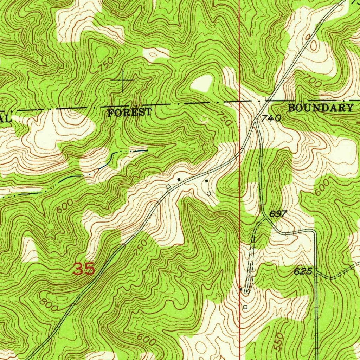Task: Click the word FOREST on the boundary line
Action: (130, 113)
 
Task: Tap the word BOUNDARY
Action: (320, 108)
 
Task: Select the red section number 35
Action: (84, 269)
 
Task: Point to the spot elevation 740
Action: (271, 119)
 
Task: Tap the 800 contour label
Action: (49, 304)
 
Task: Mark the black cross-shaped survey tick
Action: (123, 81)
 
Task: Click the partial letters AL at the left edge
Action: (5, 118)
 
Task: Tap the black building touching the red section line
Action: (241, 289)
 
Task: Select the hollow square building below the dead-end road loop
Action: (245, 307)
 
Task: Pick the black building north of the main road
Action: (179, 180)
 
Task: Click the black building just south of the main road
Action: (206, 181)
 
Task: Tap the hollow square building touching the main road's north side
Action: (168, 186)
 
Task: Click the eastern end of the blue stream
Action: (146, 150)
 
